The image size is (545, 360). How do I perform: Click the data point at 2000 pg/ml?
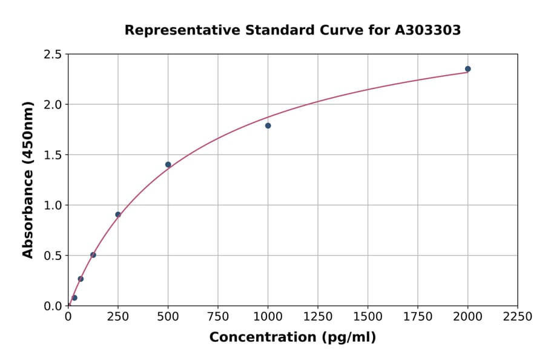[467, 69]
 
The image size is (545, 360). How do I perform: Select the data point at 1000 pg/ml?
[268, 125]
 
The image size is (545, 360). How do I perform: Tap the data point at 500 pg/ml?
[168, 165]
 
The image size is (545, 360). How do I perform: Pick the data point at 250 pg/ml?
[118, 215]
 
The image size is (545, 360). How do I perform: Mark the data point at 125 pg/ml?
[93, 255]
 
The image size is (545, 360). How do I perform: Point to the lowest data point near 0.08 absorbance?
[74, 298]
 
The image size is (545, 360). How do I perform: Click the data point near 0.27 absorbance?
[81, 279]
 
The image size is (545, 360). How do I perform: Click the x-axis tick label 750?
[218, 317]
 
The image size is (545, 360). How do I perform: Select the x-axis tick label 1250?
[318, 317]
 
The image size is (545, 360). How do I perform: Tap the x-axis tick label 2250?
[517, 317]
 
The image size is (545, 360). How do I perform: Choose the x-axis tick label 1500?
[368, 317]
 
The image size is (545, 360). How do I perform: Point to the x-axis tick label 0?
[68, 317]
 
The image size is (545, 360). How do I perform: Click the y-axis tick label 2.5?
[53, 55]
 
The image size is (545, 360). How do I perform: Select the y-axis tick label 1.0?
[53, 205]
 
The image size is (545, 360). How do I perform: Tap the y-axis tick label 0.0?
[53, 306]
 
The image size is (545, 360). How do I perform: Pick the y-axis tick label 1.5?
[53, 155]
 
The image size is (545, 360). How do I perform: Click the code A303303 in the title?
[428, 30]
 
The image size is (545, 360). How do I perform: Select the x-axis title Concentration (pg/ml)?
[292, 338]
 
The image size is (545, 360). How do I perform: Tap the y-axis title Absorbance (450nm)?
[28, 180]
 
